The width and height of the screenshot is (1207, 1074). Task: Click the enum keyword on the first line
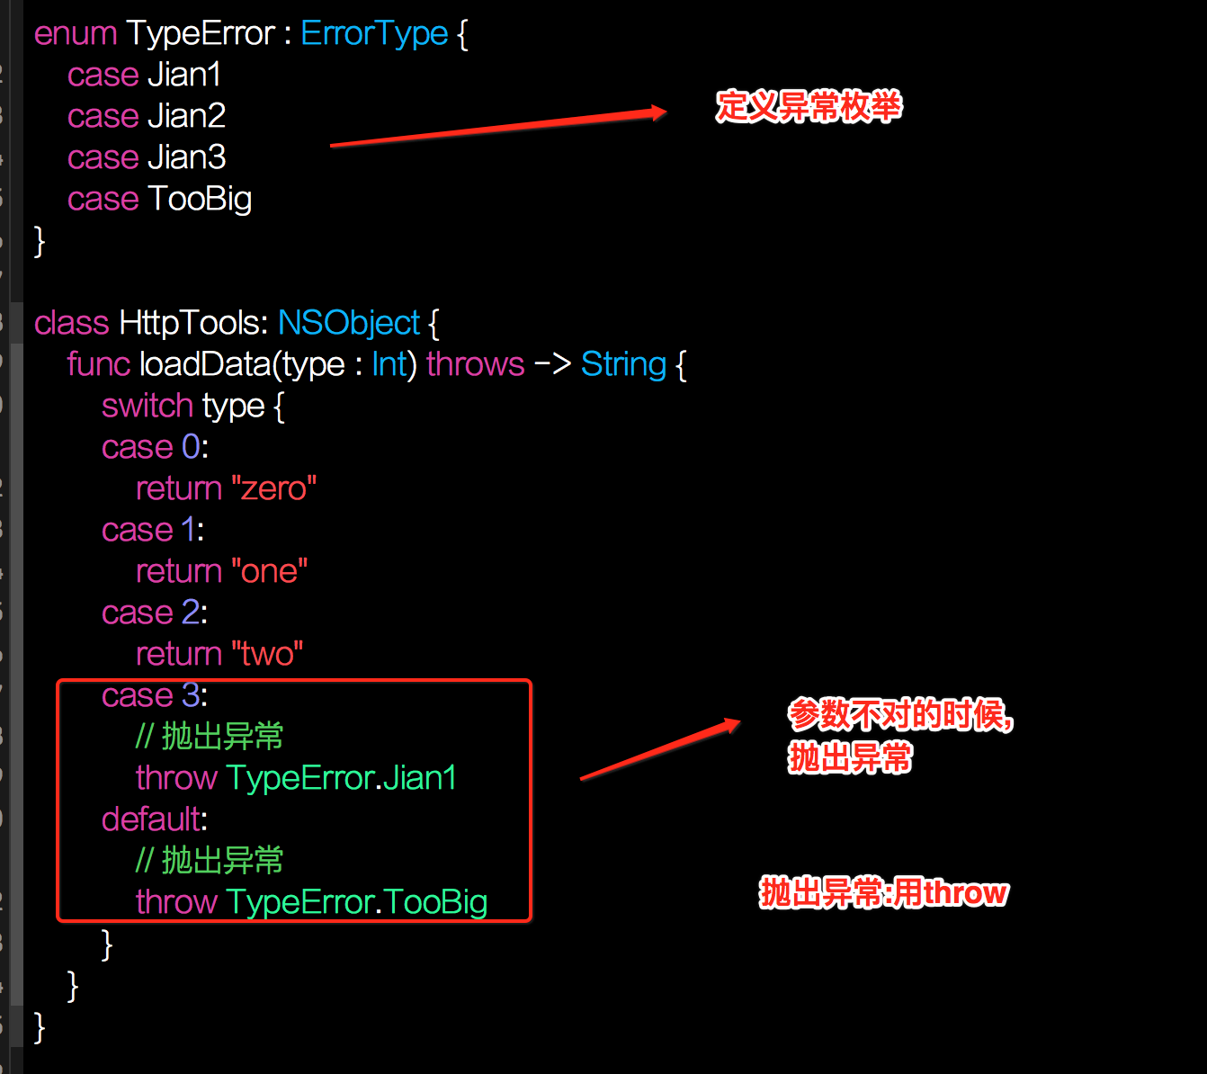tap(76, 33)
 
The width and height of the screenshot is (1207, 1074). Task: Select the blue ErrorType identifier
tap(374, 33)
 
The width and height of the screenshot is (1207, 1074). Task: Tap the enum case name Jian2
tap(187, 116)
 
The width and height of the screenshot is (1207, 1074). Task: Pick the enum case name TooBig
tap(201, 199)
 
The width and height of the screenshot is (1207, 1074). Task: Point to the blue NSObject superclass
tap(349, 323)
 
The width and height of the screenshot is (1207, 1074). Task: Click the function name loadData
tap(205, 364)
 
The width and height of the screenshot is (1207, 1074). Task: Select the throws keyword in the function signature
tap(476, 364)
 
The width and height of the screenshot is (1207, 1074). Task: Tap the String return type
tap(624, 365)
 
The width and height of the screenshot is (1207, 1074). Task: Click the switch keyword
tap(148, 406)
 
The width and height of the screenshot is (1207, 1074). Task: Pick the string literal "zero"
tap(273, 488)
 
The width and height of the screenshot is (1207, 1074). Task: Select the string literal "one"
tap(269, 571)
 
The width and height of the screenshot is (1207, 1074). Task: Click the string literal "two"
tap(267, 654)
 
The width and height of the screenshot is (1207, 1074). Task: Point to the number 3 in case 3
tap(191, 695)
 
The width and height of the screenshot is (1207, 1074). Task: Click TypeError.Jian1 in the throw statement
tap(341, 778)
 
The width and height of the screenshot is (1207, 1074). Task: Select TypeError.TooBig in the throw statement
tap(356, 902)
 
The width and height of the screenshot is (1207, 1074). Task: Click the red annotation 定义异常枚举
tap(809, 107)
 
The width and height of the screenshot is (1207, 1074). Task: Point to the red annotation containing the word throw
tap(883, 893)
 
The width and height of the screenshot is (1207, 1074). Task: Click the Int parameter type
tap(389, 364)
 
